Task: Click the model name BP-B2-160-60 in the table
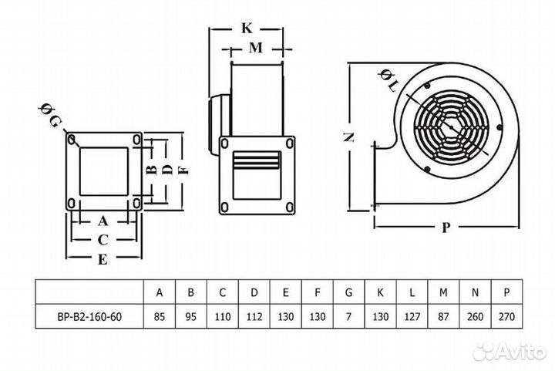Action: (x=89, y=316)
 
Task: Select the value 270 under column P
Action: (x=506, y=316)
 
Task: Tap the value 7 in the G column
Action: (x=348, y=316)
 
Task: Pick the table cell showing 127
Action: (x=412, y=316)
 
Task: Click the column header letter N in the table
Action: (x=475, y=292)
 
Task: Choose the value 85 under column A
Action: (x=160, y=316)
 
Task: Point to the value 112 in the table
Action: (x=254, y=316)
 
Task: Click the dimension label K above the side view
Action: (x=247, y=28)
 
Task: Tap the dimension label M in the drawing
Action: (x=256, y=48)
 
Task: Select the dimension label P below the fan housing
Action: (x=446, y=227)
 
